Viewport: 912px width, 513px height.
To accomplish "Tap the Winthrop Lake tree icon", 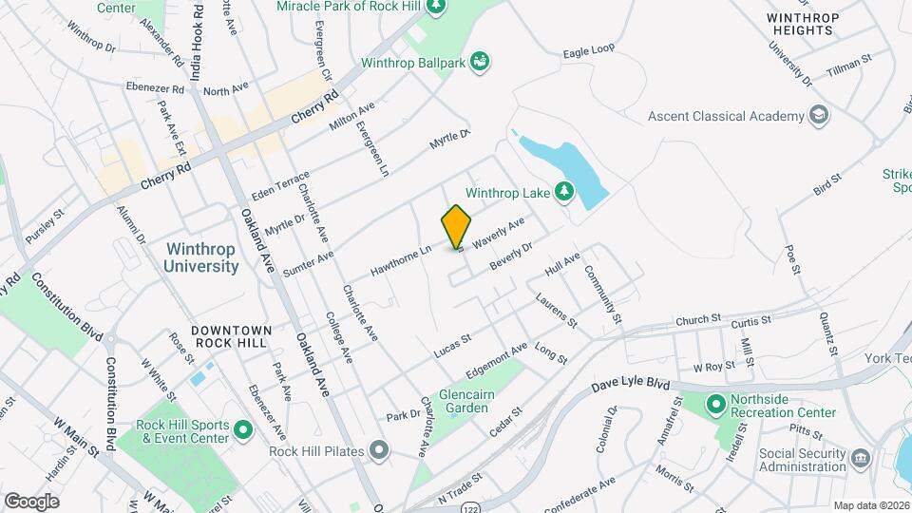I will (x=564, y=193).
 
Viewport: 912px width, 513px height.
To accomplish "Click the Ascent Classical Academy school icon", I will (x=818, y=116).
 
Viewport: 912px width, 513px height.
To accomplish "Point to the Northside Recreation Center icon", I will (x=716, y=406).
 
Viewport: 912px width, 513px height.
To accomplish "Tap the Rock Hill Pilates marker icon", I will (x=380, y=449).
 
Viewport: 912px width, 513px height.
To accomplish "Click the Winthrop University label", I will (x=201, y=257).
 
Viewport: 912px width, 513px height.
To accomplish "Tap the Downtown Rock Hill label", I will (x=232, y=336).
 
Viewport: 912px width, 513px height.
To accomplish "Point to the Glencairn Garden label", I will (x=464, y=401).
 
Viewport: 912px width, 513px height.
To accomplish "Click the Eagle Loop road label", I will (x=589, y=49).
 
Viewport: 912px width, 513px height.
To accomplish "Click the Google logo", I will (x=31, y=501).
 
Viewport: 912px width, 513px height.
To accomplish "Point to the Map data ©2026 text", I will (x=871, y=505).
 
